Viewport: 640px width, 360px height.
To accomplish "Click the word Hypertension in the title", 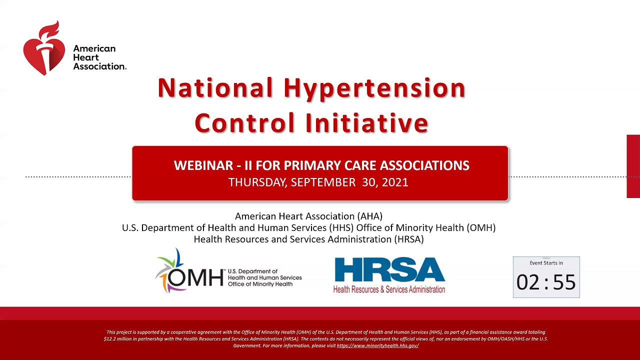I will pos(374,88).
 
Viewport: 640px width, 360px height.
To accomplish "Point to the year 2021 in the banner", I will pos(395,182).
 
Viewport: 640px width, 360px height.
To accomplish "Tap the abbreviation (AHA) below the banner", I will pos(369,216).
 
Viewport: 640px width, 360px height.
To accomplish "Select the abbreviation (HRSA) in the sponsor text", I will pos(408,239).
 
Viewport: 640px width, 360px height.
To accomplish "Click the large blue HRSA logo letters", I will pos(389,270).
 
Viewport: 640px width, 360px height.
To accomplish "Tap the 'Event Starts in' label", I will pos(546,263).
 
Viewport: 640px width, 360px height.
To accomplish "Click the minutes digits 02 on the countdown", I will pos(527,283).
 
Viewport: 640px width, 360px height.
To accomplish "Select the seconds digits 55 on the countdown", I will pos(564,283).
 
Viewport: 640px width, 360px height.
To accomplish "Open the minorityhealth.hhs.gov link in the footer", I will pos(377,345).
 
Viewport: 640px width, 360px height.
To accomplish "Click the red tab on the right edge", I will pos(633,166).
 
